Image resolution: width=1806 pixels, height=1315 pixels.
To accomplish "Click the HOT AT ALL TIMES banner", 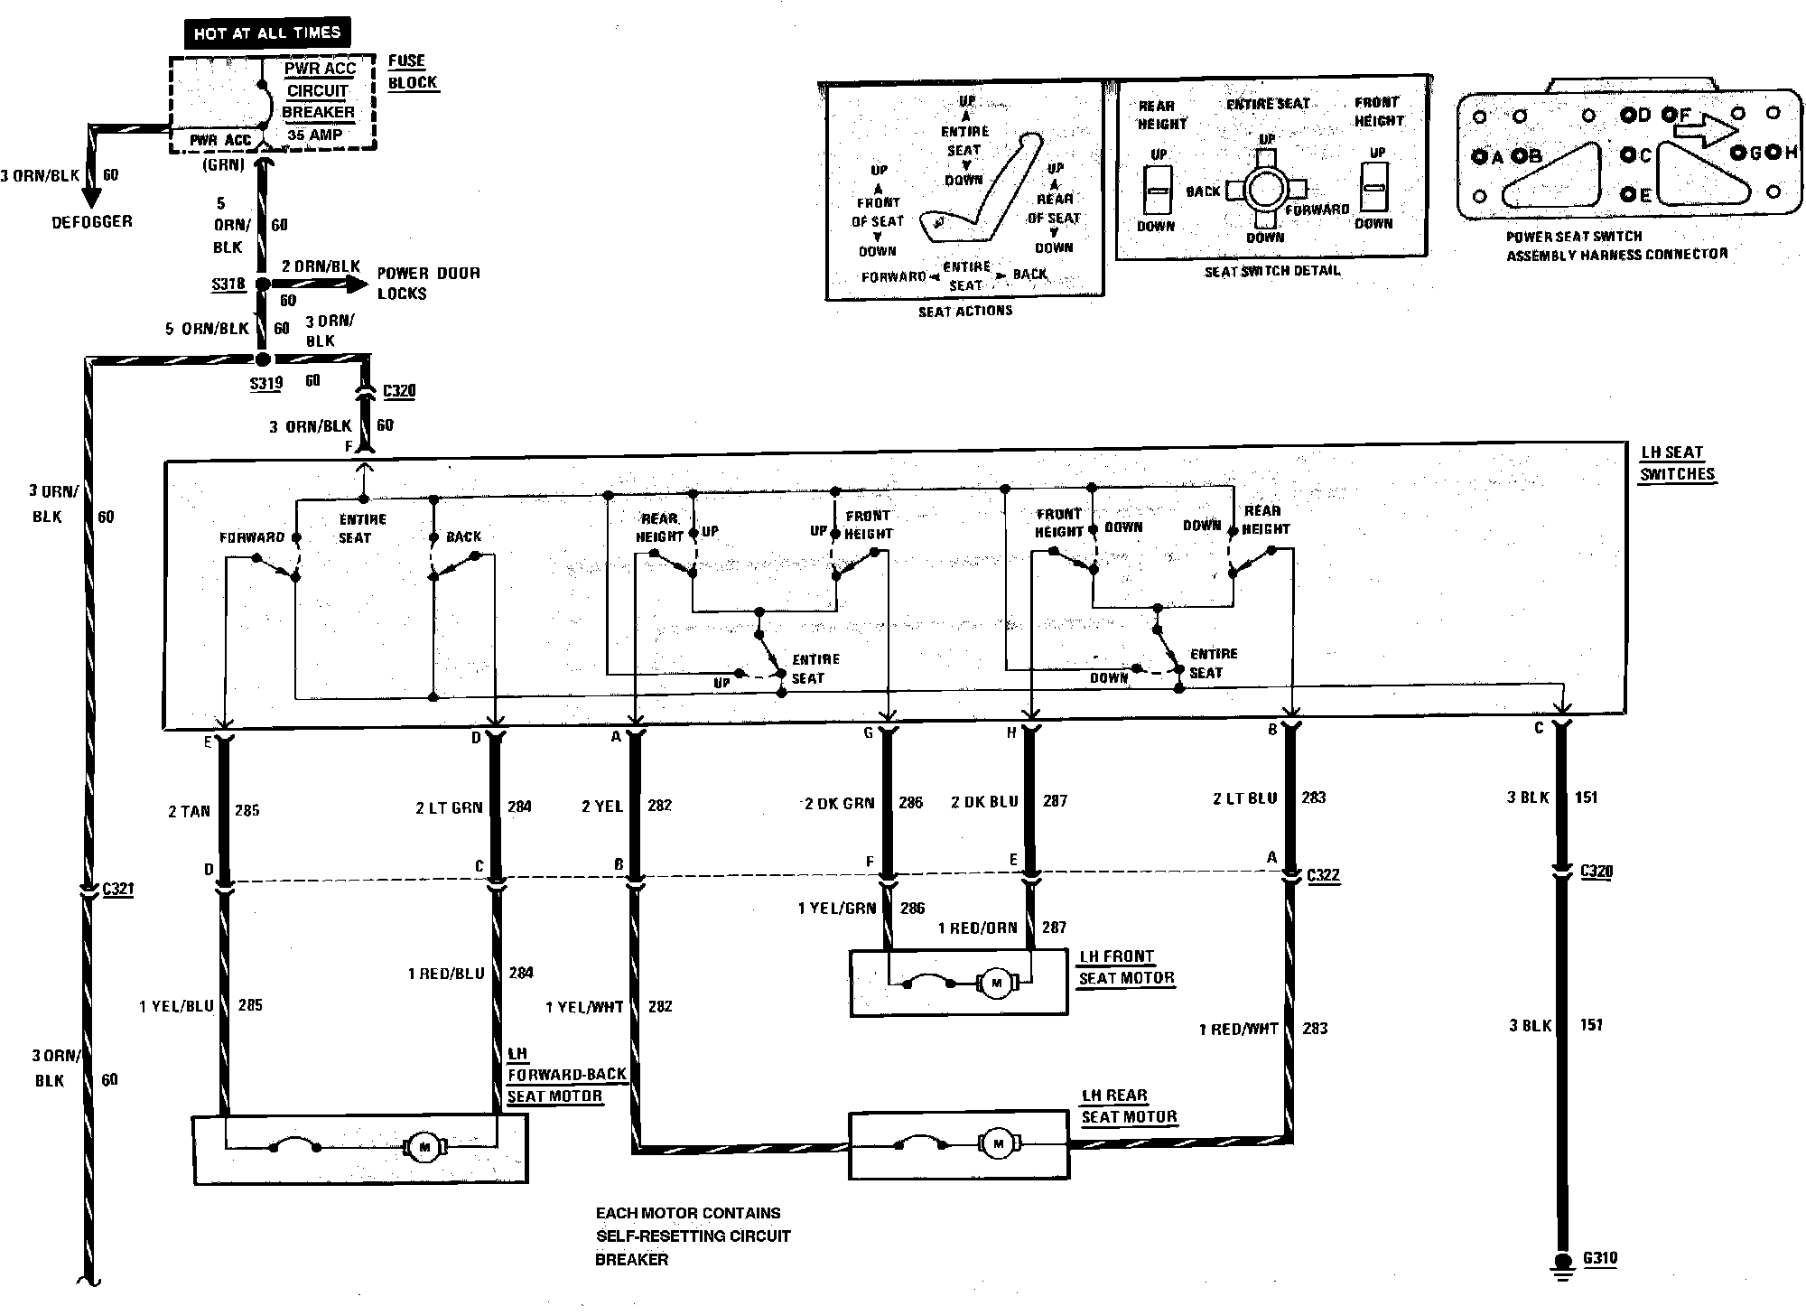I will click(x=267, y=33).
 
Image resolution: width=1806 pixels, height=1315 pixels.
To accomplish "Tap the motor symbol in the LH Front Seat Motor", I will click(x=997, y=983).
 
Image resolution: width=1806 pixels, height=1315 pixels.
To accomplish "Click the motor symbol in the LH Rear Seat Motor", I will click(x=997, y=1143).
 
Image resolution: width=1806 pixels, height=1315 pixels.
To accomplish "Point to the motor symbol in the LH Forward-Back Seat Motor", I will click(x=424, y=1147).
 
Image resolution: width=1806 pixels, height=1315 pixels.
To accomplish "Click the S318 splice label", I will click(x=228, y=284).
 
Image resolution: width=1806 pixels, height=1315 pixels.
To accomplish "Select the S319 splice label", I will click(x=266, y=383).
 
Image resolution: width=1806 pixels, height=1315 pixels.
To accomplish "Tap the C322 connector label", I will click(x=1323, y=875).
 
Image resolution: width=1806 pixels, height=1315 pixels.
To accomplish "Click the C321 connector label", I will click(x=117, y=889).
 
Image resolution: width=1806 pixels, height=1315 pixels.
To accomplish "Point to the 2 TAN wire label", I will click(x=189, y=811).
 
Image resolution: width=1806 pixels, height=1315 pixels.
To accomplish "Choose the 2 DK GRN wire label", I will click(x=840, y=802).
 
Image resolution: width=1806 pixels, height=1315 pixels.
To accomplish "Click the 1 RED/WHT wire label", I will click(x=1238, y=1029).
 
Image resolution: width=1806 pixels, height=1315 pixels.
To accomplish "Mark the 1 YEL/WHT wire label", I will click(x=584, y=1006).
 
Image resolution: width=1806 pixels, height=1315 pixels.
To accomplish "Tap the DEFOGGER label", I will click(x=91, y=221).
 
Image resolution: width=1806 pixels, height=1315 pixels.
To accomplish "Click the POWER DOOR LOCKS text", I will click(x=428, y=283).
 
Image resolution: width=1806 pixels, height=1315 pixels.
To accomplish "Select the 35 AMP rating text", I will click(x=314, y=135).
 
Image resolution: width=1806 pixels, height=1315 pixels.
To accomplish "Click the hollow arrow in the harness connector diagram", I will click(x=1704, y=130).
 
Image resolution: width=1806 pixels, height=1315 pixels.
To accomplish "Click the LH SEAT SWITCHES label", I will click(x=1676, y=462).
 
